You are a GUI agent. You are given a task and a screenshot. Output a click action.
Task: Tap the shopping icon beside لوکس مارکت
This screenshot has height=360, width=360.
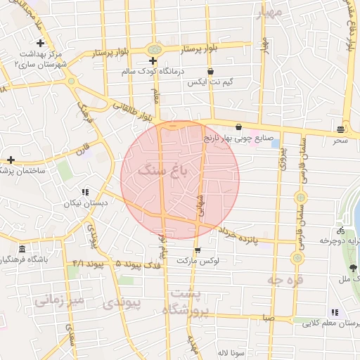198,250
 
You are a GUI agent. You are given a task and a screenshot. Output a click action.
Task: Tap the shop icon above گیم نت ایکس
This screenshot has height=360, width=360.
210,71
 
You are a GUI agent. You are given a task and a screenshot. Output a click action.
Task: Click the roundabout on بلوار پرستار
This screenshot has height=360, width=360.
153,49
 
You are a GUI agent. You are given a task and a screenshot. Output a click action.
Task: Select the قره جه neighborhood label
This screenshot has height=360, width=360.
285,279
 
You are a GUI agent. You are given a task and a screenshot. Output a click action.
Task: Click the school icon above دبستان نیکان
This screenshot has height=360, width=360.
85,192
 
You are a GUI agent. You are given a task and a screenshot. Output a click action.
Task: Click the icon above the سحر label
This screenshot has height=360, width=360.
340,129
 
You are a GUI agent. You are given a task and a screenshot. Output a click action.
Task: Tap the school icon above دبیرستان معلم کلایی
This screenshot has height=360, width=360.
334,312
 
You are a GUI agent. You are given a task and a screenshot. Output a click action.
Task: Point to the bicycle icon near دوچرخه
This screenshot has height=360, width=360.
341,230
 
